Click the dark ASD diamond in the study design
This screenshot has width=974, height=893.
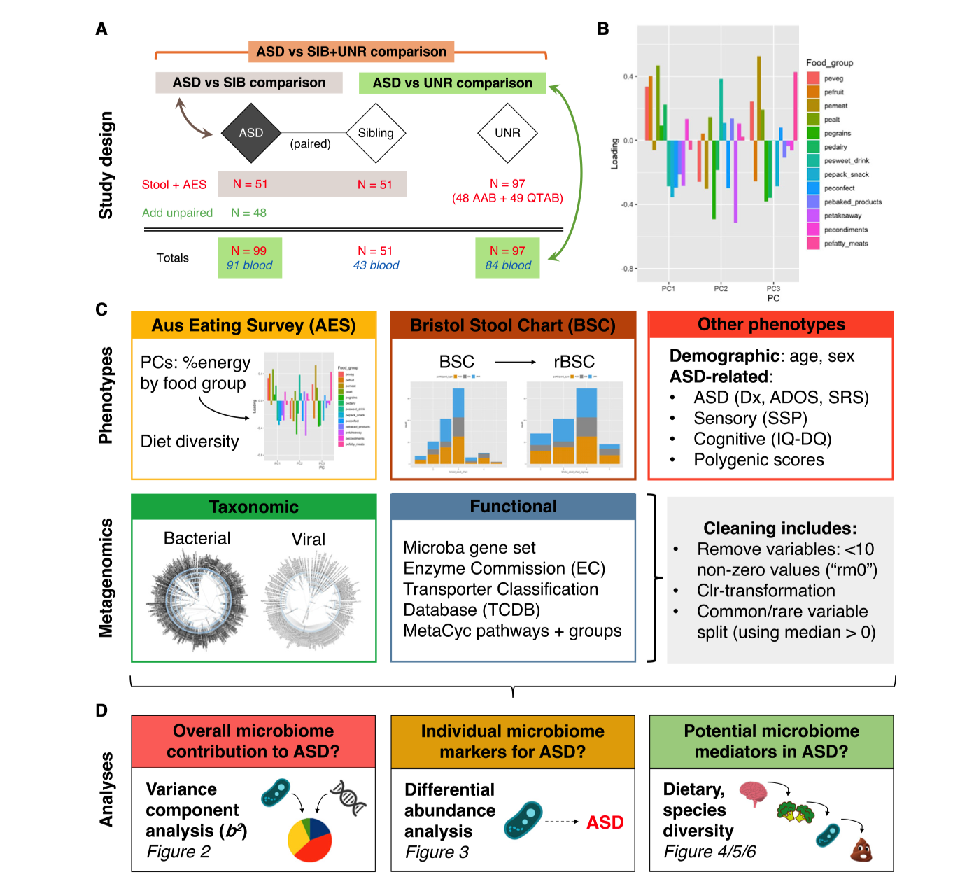[x=250, y=133]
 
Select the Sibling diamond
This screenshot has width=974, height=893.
[x=376, y=133]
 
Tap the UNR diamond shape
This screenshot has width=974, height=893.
[x=507, y=133]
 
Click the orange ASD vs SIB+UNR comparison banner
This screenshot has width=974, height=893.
[x=351, y=52]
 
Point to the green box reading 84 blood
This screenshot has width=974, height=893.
[x=508, y=258]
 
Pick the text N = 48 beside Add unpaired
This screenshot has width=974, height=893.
[x=248, y=213]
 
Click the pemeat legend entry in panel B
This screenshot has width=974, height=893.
[x=835, y=106]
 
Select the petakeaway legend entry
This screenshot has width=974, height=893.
[x=842, y=216]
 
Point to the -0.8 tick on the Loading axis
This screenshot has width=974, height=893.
[x=628, y=269]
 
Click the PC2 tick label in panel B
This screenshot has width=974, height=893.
[x=721, y=288]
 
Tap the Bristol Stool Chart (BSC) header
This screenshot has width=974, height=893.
[x=513, y=325]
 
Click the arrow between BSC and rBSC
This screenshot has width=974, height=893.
[x=515, y=362]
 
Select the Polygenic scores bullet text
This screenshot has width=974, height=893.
[x=758, y=460]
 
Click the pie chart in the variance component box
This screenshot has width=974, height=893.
[x=310, y=839]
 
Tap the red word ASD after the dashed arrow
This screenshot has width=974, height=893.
[x=605, y=822]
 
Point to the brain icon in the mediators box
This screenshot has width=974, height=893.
[x=753, y=793]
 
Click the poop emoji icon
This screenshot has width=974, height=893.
[x=861, y=850]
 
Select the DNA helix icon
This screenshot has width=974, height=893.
[x=348, y=798]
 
